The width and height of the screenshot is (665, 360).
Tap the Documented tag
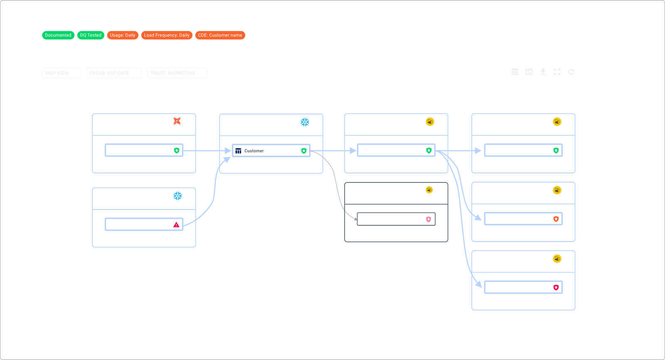(58, 35)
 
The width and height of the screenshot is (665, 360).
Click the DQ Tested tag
(91, 35)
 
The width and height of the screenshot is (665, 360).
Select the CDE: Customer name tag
(220, 35)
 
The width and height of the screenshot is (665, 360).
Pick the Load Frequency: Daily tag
(167, 35)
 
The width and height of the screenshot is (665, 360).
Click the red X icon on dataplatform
(177, 121)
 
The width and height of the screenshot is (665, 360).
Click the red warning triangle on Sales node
(176, 225)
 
